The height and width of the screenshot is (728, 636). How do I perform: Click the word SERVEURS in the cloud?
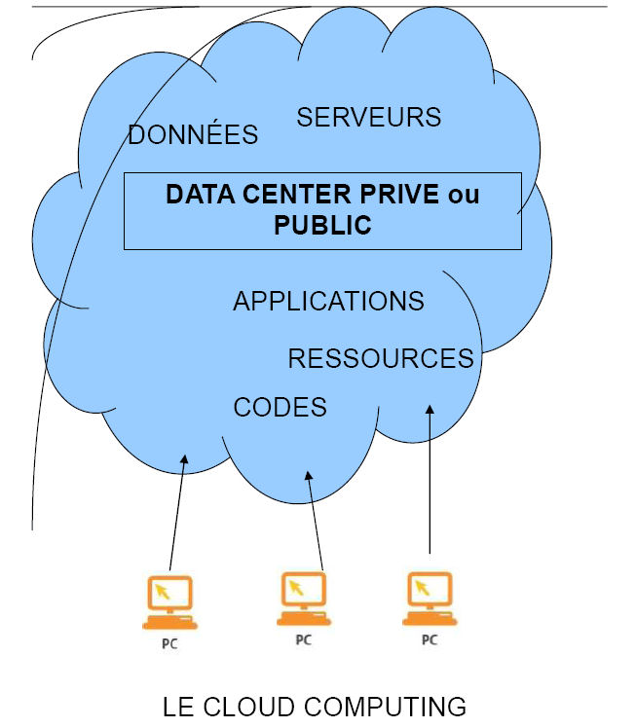click(x=369, y=117)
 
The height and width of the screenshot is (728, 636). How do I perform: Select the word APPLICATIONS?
click(x=328, y=301)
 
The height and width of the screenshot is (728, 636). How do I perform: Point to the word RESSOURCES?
click(x=381, y=358)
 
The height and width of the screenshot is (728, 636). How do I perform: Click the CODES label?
click(x=281, y=407)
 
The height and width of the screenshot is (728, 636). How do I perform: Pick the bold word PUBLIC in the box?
click(x=322, y=225)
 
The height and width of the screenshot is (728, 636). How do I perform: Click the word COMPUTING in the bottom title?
click(x=385, y=707)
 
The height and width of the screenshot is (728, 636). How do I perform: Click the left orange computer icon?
click(x=170, y=602)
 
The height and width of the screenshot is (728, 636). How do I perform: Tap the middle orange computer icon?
click(x=304, y=599)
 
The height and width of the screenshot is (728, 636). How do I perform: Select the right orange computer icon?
click(x=430, y=599)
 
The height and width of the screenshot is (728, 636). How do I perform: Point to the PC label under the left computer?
click(x=169, y=644)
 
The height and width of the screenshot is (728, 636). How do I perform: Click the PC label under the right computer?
click(x=430, y=639)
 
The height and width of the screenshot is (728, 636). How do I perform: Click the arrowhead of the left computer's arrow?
click(x=184, y=458)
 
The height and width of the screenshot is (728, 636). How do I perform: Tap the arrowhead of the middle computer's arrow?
click(x=309, y=475)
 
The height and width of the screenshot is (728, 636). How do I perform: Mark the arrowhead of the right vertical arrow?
click(x=430, y=409)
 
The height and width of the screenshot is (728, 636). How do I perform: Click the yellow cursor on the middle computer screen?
click(x=296, y=588)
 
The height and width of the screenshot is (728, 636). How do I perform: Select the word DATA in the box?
click(x=201, y=194)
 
